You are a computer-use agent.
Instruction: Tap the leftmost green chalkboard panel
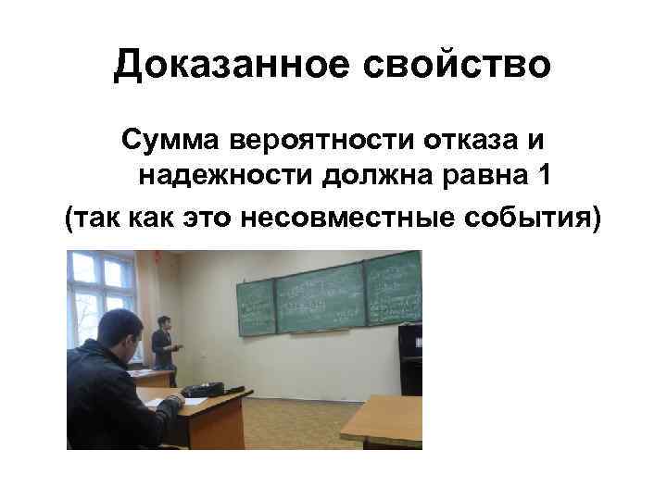pos(257,306)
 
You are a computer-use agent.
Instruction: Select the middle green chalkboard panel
pos(320,297)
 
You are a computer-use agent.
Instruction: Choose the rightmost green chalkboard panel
pos(393,288)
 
